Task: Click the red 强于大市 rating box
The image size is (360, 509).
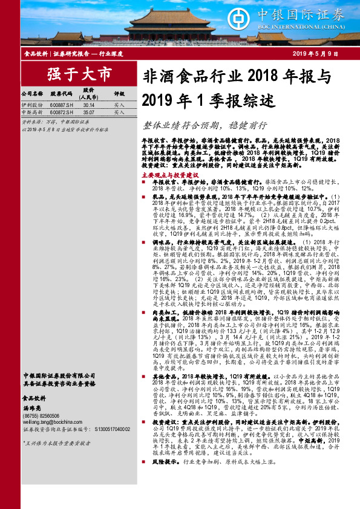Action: tap(71, 75)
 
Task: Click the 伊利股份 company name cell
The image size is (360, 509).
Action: tap(31, 105)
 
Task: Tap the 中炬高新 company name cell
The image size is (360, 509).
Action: tap(31, 112)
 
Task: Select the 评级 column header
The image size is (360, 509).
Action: tap(119, 94)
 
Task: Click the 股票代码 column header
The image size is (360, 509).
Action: tap(61, 94)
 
